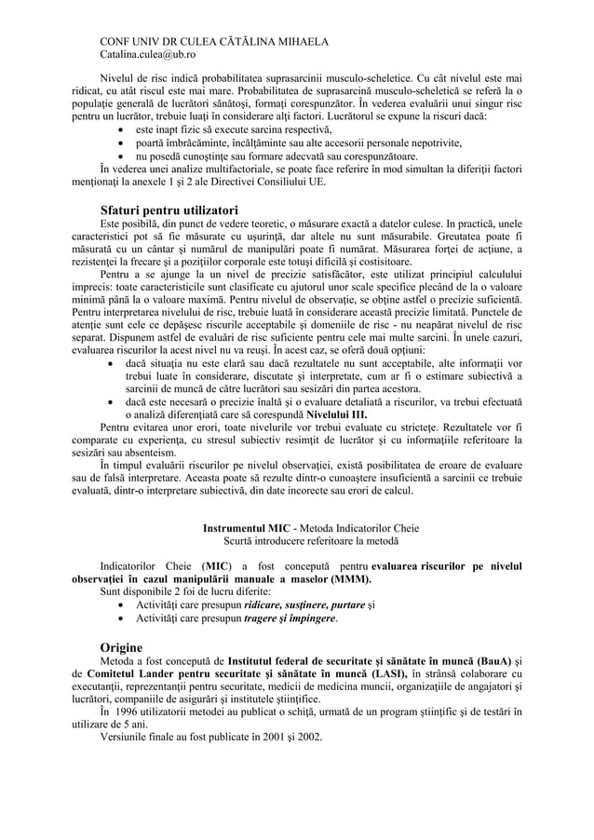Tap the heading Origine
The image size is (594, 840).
click(x=121, y=646)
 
